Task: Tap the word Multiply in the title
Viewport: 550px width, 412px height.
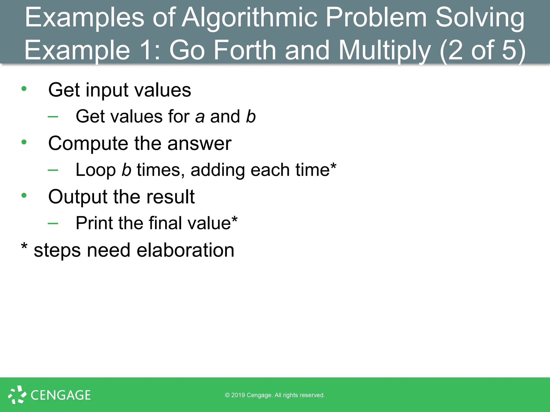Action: coord(385,50)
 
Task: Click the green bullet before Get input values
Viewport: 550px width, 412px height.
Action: coord(24,89)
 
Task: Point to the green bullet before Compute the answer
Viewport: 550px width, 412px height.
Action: coord(24,142)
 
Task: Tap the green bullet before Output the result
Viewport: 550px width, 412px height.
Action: coord(24,195)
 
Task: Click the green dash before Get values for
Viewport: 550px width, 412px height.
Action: coord(53,116)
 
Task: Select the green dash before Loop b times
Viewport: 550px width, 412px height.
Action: coord(53,170)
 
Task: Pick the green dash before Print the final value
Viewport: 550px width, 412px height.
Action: coord(53,223)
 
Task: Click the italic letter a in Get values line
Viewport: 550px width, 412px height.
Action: coord(200,117)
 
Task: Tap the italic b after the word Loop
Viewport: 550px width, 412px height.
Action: coord(126,170)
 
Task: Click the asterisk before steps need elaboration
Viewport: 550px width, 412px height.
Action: coord(24,246)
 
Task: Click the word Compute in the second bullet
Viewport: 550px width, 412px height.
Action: coord(88,144)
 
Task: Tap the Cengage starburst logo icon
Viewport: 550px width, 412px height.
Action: coord(17,395)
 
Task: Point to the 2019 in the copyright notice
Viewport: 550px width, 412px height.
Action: coord(238,395)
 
